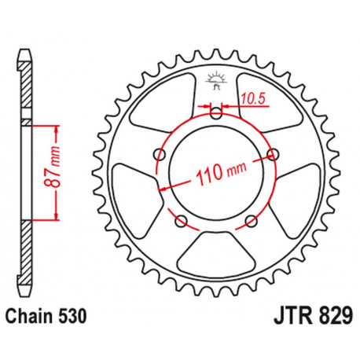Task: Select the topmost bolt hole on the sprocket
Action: [x=216, y=112]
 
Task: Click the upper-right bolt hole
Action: [x=274, y=152]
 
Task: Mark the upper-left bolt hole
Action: [x=160, y=152]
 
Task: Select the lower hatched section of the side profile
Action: [x=27, y=252]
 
